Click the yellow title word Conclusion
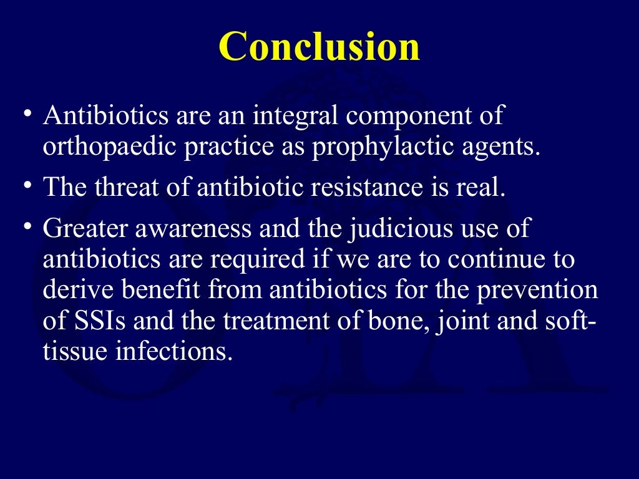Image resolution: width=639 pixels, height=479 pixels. (319, 47)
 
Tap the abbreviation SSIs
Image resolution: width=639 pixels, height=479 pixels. (98, 321)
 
